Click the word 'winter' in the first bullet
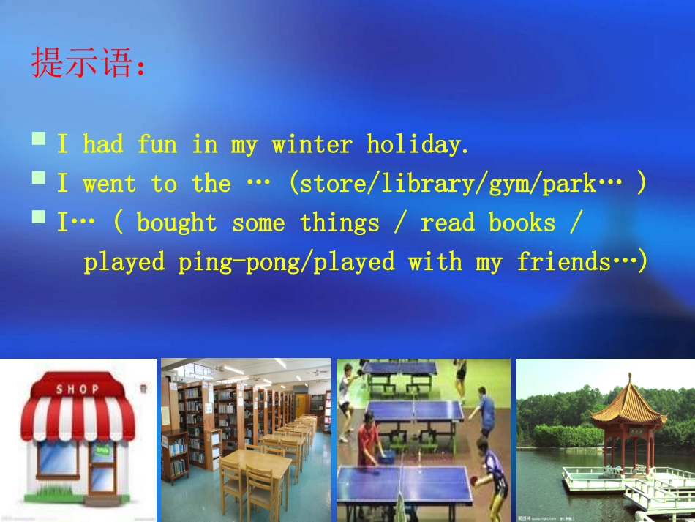tap(312, 144)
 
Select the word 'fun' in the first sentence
tap(157, 144)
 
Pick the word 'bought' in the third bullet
tap(176, 223)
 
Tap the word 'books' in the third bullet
tap(522, 223)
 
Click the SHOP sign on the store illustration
tap(77, 389)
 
